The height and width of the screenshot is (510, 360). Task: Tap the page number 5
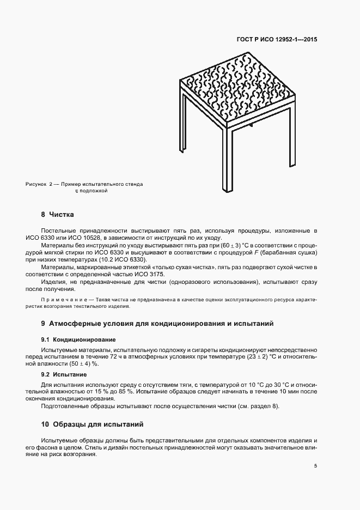coord(316,465)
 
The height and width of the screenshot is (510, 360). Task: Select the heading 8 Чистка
coord(57,214)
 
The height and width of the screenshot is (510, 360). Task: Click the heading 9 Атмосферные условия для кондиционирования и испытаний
coord(157,324)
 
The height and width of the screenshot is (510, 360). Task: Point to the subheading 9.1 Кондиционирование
coord(75,339)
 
